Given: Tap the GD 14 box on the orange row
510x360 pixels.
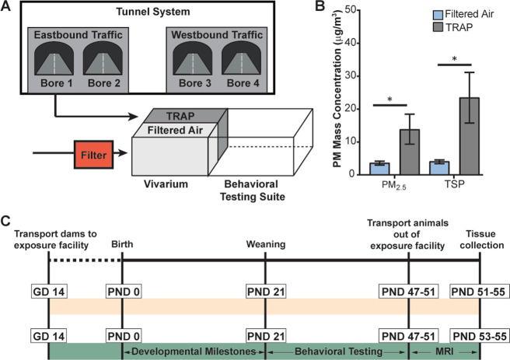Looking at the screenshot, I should pyautogui.click(x=48, y=288).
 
